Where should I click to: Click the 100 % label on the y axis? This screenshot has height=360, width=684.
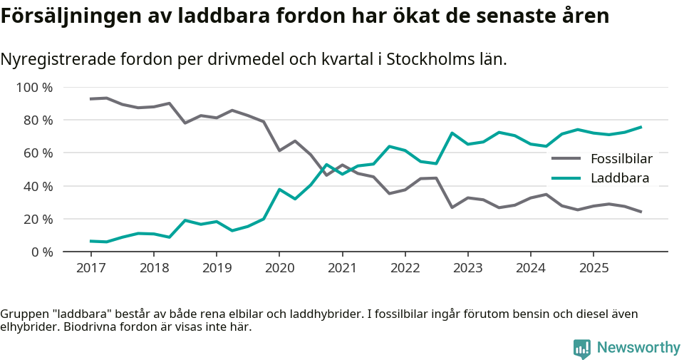point(34,88)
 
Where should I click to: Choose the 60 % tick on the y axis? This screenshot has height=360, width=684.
point(37,153)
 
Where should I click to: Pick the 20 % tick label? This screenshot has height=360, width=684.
point(37,219)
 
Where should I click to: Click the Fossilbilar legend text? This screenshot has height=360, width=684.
point(621,159)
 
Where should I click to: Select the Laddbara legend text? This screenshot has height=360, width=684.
point(620,178)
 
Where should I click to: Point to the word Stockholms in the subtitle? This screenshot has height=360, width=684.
point(427,60)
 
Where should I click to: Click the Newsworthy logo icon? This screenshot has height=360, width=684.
point(581,348)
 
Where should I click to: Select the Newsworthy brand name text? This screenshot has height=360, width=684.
point(638,348)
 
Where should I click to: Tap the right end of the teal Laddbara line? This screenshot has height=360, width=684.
point(641,127)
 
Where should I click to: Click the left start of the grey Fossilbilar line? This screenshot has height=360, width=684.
point(90,99)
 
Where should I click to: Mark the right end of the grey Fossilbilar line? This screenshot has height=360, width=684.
point(641,212)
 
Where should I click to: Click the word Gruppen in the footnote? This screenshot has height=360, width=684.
point(24,314)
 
